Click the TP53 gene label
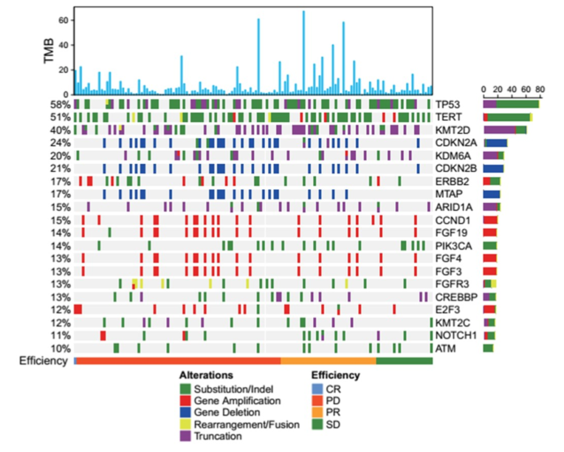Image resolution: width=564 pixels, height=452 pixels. [x=446, y=104]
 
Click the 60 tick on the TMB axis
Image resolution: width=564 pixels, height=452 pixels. [x=66, y=20]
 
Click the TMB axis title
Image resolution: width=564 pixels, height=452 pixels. [x=50, y=50]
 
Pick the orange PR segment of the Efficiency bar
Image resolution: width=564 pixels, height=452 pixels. [x=328, y=361]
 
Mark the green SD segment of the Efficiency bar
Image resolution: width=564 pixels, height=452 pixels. [x=404, y=361]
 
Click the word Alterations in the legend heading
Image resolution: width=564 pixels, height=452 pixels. [x=206, y=375]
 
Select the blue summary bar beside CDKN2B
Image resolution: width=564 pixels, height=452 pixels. [x=494, y=168]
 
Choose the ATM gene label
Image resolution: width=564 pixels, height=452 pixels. [x=444, y=348]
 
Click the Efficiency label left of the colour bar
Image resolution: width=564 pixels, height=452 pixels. [x=43, y=360]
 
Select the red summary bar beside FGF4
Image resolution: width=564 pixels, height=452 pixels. [x=490, y=258]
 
